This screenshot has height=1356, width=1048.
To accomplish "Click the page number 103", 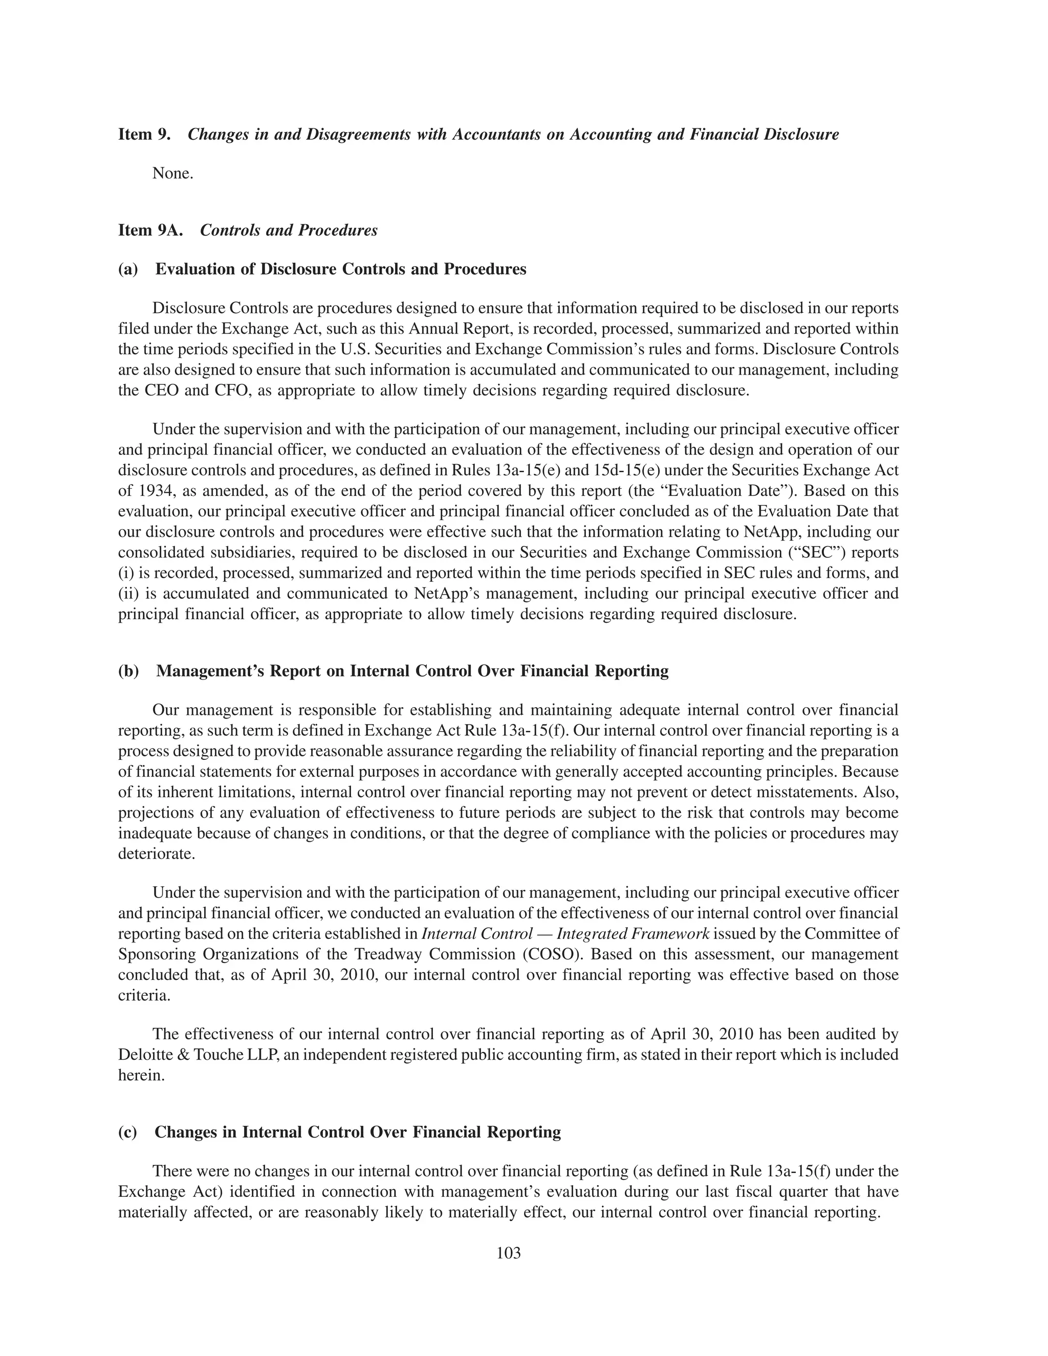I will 509,1253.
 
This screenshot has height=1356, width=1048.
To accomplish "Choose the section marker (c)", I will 128,1132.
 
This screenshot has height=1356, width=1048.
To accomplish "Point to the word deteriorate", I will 157,854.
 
